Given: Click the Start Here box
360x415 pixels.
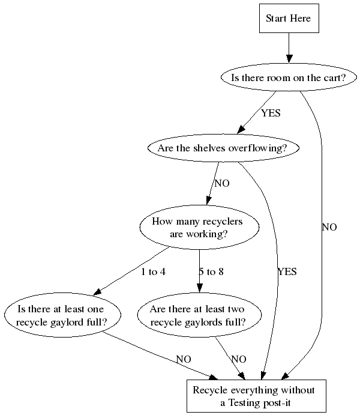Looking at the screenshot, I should coord(289,18).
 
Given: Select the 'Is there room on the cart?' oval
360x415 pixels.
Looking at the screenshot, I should coord(289,77).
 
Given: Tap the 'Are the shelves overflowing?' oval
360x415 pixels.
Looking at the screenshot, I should coord(223,148).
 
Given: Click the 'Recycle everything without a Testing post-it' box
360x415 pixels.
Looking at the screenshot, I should coord(256,396).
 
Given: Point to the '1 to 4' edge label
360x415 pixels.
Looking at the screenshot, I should coord(153,272).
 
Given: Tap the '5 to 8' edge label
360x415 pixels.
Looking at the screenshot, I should coord(211,272).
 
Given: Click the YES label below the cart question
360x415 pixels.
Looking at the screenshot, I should coord(271,113).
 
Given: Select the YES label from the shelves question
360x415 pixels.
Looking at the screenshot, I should coord(287,272).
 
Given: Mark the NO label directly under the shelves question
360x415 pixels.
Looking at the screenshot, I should coord(222,184).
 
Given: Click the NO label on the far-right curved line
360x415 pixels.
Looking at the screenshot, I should coord(329,228).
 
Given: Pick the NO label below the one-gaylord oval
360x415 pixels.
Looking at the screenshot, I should coord(184,359).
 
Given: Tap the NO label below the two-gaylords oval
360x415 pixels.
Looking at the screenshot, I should coord(239,359).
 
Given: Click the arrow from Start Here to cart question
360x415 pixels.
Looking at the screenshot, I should coord(289,47).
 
